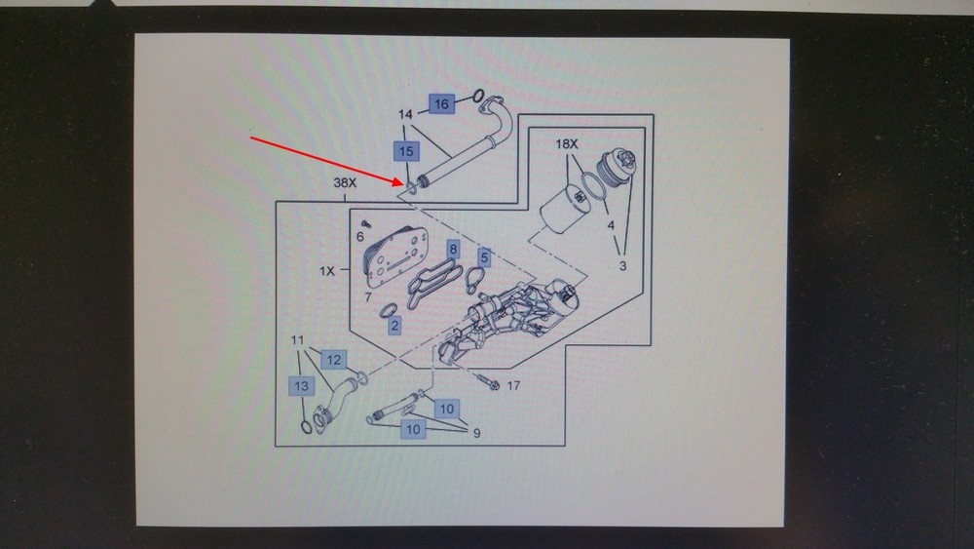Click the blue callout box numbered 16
(441, 103)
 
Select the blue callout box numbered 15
(406, 151)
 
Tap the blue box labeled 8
(454, 250)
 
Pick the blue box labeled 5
(484, 256)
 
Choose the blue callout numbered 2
(394, 325)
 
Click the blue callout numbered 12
(333, 360)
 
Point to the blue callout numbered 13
(301, 386)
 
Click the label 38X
(346, 182)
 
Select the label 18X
(567, 144)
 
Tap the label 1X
(326, 271)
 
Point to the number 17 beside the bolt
(513, 385)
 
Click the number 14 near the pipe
(405, 114)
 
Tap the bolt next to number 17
(488, 381)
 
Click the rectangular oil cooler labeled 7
(396, 257)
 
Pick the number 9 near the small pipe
(476, 433)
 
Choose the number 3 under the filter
(622, 266)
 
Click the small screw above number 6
(366, 223)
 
